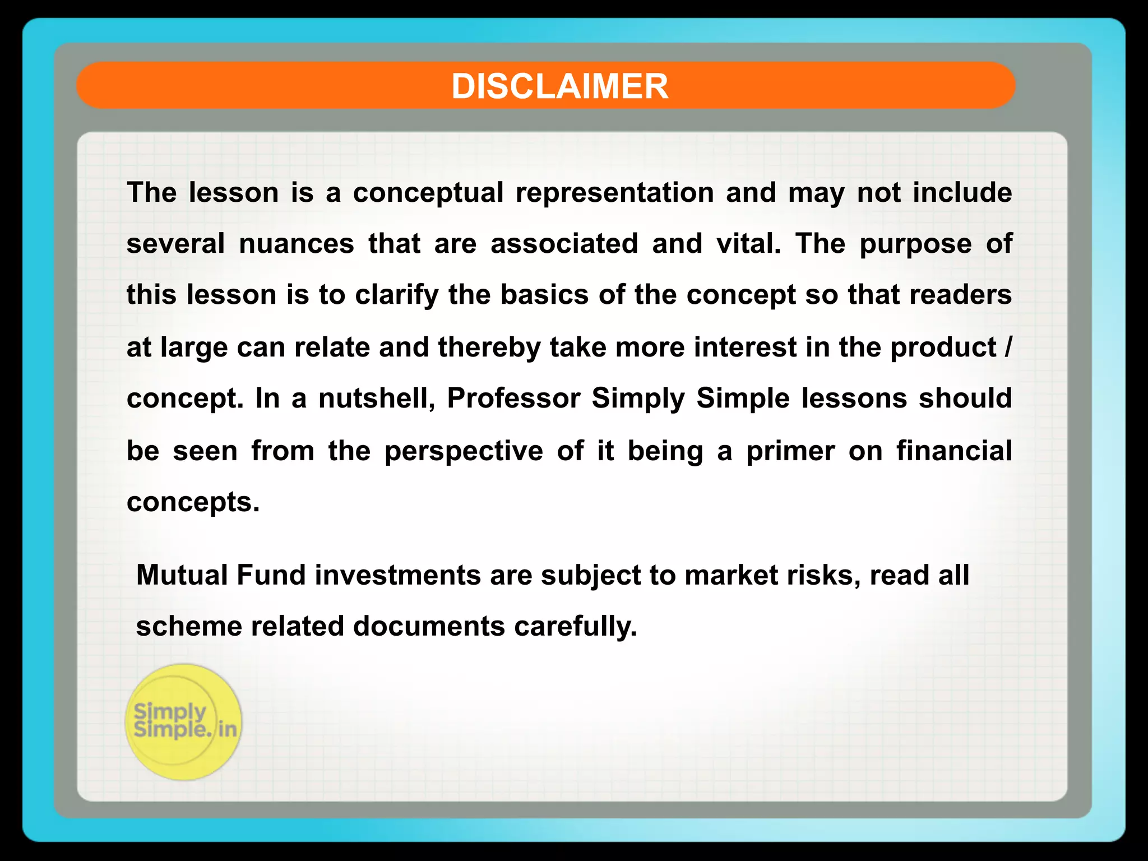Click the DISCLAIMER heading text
[559, 86]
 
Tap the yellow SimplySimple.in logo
[184, 722]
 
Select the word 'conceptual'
[428, 193]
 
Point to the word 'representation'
[614, 193]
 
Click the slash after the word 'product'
[1008, 347]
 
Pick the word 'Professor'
[513, 399]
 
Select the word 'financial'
[954, 451]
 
